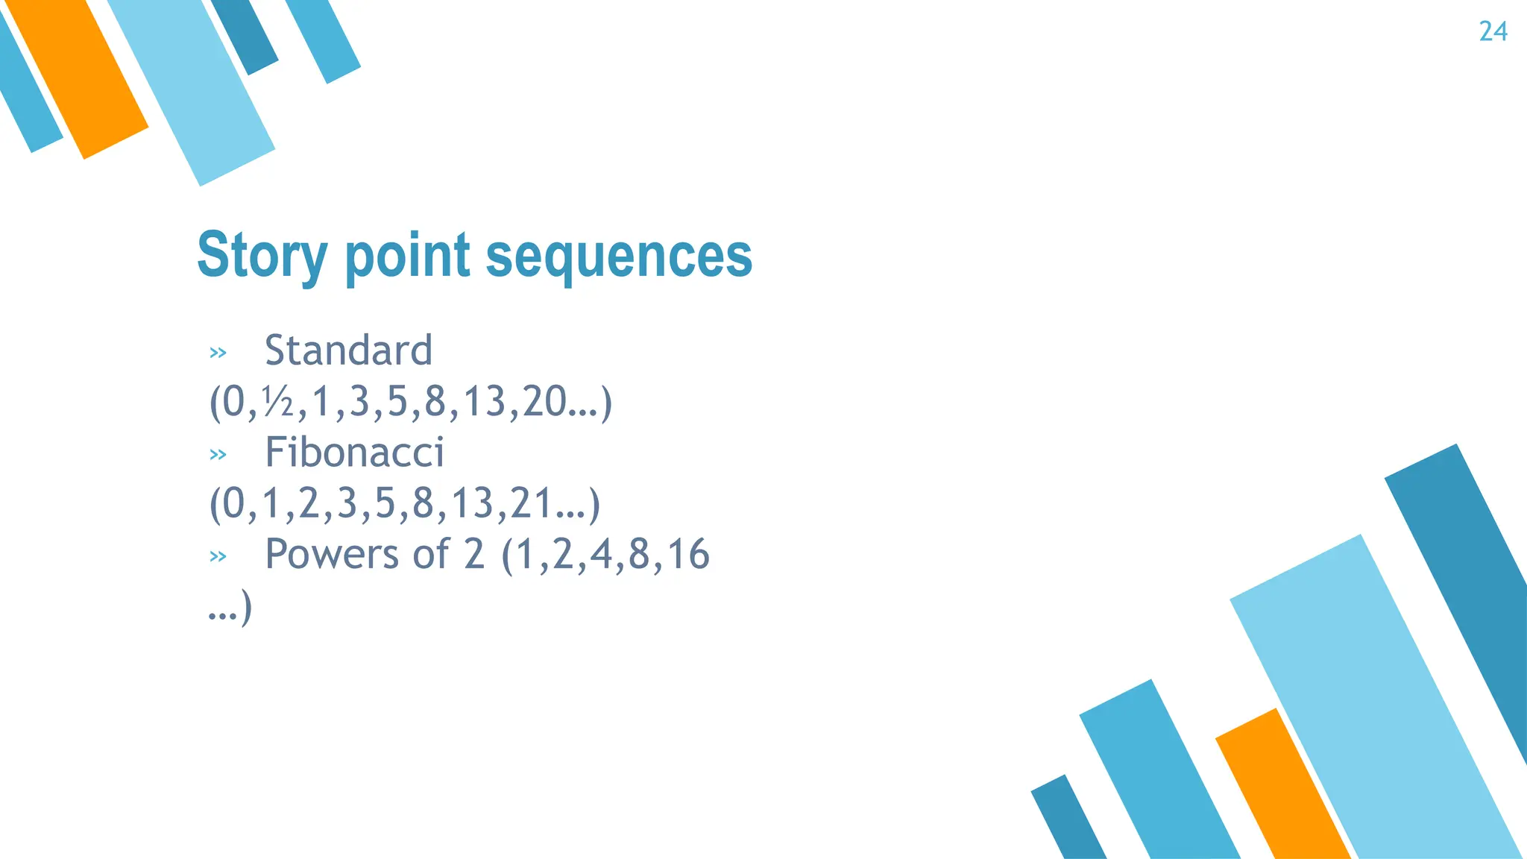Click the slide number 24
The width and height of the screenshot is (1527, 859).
pos(1493,32)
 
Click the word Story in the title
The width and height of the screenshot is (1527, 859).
pos(262,256)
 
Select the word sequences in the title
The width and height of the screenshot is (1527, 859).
pos(619,256)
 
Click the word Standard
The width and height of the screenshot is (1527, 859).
pos(348,350)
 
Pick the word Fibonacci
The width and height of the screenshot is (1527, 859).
pos(354,453)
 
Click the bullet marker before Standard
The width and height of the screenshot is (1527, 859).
pos(218,353)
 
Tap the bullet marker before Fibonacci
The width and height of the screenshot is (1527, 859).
pos(218,455)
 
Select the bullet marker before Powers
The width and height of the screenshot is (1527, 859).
pos(218,556)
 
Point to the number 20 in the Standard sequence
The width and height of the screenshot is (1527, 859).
pos(544,402)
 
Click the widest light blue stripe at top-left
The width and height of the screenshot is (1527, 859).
pos(194,89)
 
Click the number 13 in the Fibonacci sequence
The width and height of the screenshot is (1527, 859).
pos(473,503)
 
